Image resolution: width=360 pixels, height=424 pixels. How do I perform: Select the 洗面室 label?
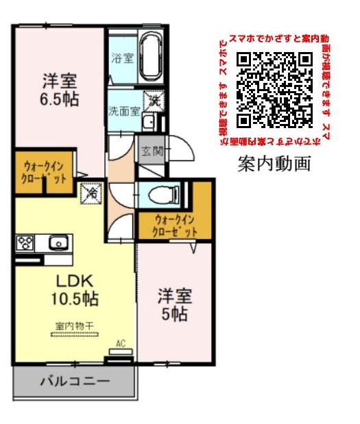click(124, 110)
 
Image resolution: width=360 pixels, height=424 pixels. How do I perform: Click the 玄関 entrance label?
click(152, 151)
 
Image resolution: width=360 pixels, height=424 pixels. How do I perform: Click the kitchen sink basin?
click(58, 242)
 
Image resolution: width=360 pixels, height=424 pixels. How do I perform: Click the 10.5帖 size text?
click(74, 299)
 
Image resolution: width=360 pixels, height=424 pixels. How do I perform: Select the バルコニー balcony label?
click(74, 381)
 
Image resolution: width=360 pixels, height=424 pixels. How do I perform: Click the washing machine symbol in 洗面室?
click(156, 100)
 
